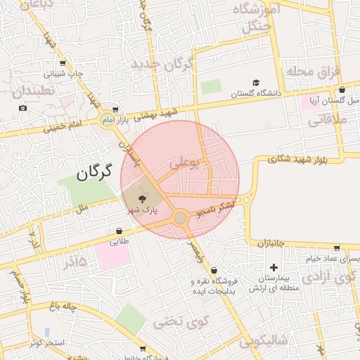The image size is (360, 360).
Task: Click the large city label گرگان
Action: [95, 172]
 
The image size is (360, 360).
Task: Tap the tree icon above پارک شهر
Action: [144, 200]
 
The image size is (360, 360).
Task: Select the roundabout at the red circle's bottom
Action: [181, 219]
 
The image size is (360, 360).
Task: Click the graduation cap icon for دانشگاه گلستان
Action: [256, 82]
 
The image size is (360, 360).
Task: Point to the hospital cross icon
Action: [274, 267]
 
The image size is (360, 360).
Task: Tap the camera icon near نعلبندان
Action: [23, 108]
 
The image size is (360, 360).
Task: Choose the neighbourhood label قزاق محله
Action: [313, 72]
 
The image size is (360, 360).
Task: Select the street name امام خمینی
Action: [64, 127]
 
